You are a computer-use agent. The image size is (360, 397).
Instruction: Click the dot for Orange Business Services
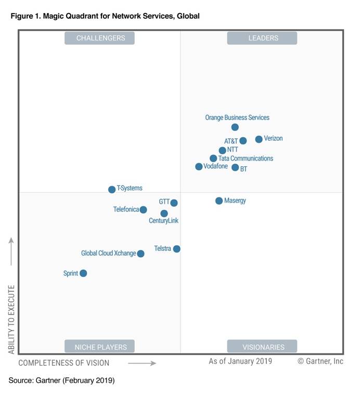(235, 127)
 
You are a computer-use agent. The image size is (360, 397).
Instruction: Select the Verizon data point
(259, 139)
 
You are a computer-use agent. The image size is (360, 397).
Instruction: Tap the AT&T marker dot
(243, 141)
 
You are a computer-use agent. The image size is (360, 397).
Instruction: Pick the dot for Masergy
(219, 201)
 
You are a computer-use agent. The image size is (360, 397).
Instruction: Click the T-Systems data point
(112, 190)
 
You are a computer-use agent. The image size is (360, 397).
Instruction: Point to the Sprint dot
(83, 273)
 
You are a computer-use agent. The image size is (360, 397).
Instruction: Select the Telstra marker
(177, 249)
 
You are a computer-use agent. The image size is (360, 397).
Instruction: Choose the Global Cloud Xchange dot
(140, 254)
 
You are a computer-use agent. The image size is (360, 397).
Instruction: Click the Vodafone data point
(199, 167)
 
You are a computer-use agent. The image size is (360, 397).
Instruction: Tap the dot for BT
(235, 167)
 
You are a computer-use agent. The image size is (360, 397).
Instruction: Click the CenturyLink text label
(164, 221)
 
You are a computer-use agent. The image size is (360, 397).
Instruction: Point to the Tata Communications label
(246, 158)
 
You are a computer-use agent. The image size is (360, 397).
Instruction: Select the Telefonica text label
(126, 209)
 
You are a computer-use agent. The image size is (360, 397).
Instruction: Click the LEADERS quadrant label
(262, 38)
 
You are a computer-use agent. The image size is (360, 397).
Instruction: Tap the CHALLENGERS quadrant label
(99, 38)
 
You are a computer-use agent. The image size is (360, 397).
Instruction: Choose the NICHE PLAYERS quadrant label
(99, 347)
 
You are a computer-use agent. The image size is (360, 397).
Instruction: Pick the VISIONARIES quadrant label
(262, 347)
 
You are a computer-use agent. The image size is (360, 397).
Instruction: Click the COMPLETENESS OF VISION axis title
(64, 363)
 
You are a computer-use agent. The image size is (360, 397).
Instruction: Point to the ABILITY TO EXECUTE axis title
(11, 319)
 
